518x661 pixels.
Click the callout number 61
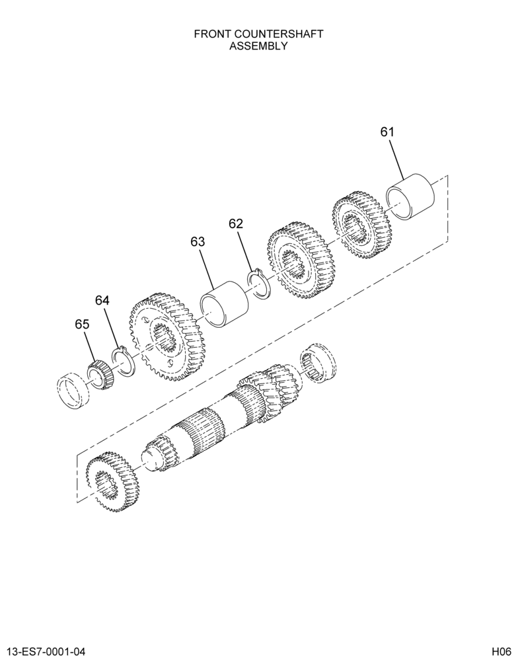[387, 132]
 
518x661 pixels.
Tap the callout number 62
[236, 224]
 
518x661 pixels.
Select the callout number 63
[198, 242]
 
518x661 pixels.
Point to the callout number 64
[102, 301]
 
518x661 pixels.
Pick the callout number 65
[82, 324]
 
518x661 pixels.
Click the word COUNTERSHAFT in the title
[276, 34]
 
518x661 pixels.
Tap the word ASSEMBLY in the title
[258, 46]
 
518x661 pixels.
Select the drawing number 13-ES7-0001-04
[44, 652]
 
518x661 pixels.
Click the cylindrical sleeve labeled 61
[410, 196]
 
